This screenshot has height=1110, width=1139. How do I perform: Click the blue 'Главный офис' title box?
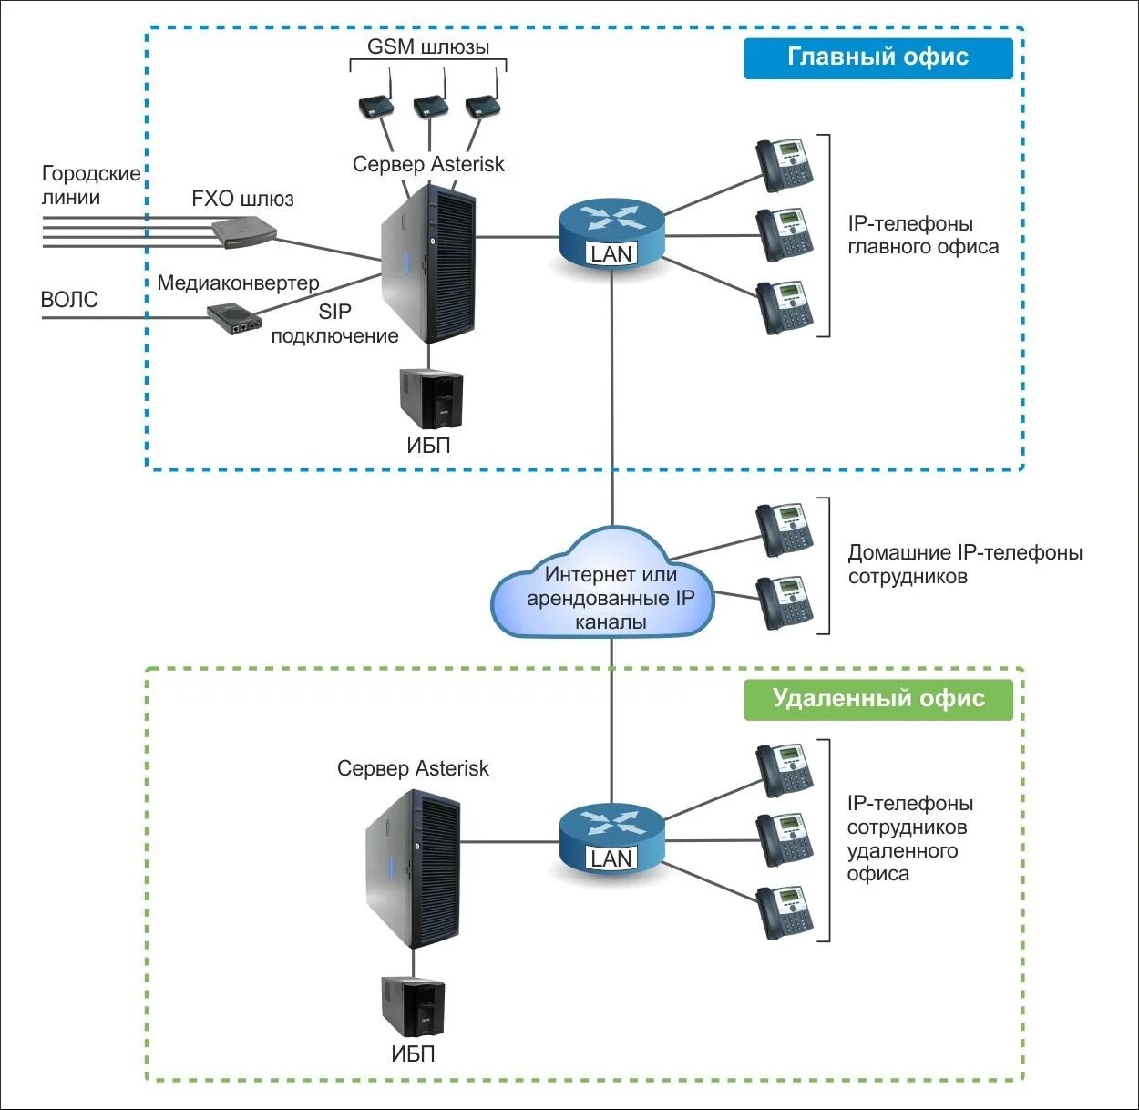coord(877,57)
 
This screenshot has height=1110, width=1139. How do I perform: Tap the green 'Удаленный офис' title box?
coord(877,699)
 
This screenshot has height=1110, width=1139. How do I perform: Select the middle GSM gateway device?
coord(431,105)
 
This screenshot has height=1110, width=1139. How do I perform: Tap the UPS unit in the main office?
coord(431,398)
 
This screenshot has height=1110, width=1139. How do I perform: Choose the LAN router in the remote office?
coord(611,837)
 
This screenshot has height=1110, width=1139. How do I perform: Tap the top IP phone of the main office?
coord(785,165)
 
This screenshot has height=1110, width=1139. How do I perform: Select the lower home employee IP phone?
coord(785,602)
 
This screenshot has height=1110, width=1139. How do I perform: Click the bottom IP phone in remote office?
coord(785,911)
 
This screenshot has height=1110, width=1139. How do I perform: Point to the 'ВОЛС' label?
coord(69,300)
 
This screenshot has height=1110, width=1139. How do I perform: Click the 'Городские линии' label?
coord(91,185)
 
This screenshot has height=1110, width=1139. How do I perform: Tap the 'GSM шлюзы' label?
coord(428,46)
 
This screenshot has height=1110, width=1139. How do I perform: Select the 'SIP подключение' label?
coord(334,324)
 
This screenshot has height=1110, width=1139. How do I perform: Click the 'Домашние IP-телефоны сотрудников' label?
coord(964,564)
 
